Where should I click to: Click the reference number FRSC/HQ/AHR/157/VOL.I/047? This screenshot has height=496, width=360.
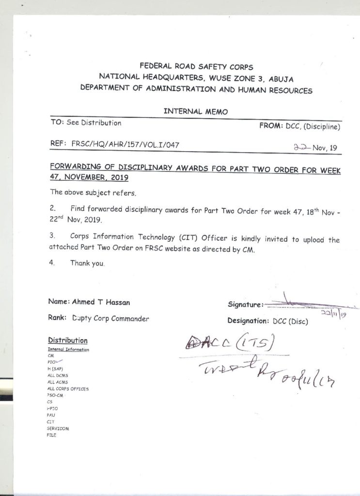pos(127,144)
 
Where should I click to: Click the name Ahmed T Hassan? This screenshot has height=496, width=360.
pos(101,302)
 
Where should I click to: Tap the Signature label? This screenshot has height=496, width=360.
pos(245,305)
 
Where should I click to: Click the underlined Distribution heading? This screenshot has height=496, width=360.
pos(68,340)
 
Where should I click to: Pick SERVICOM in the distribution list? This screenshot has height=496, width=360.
pos(58,429)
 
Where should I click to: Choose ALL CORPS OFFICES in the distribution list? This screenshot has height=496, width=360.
pos(68,388)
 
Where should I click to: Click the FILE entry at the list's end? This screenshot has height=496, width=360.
pos(52,435)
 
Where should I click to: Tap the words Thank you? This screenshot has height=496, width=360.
pos(88,263)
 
